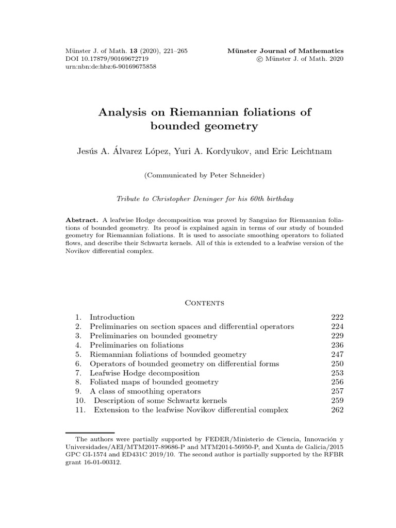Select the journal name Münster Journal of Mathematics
pyautogui.click(x=285, y=51)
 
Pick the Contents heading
pyautogui.click(x=205, y=303)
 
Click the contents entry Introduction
pyautogui.click(x=112, y=317)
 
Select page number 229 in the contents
pyautogui.click(x=337, y=336)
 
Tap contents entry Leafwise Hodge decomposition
pyautogui.click(x=144, y=373)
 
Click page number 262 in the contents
pyautogui.click(x=337, y=410)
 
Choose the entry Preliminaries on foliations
pyautogui.click(x=136, y=345)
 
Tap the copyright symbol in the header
pyautogui.click(x=266, y=59)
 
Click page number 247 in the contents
pyautogui.click(x=337, y=354)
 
